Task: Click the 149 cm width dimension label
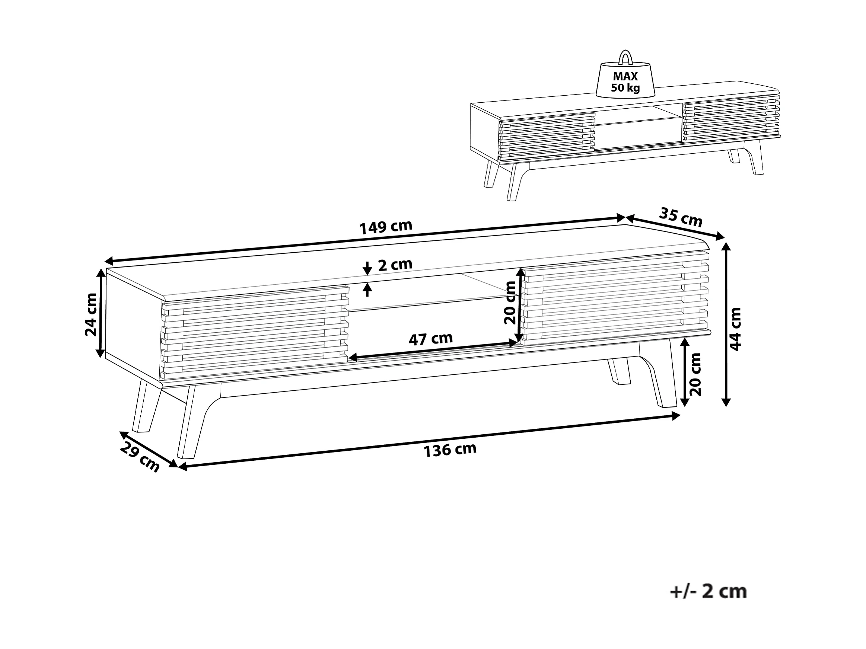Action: [x=386, y=227]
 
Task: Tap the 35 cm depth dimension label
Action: [x=681, y=217]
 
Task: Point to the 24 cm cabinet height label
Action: [x=91, y=314]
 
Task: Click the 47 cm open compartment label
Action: [x=431, y=339]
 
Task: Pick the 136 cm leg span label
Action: [x=450, y=450]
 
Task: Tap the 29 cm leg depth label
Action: [x=140, y=457]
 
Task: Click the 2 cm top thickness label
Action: [x=395, y=265]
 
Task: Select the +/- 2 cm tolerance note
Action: [x=708, y=591]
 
